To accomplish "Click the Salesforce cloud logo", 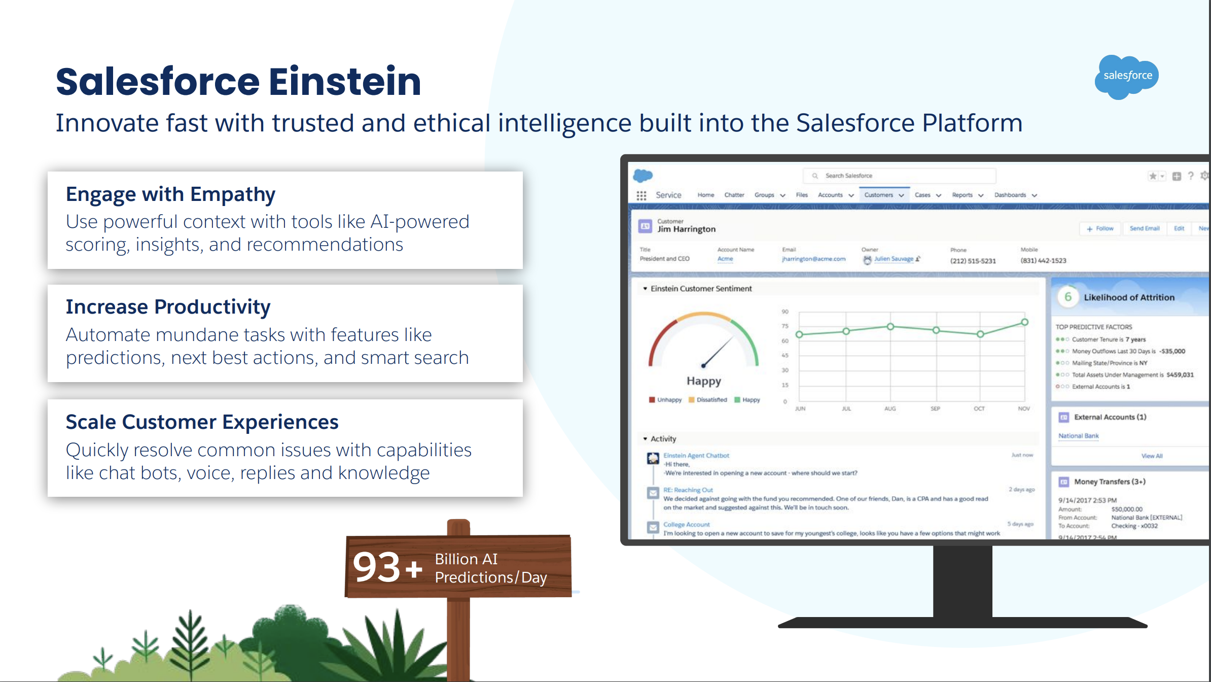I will point(1127,76).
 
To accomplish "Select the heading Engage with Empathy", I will point(170,194).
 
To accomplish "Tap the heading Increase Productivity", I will point(168,307).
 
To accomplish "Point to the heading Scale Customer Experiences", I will point(202,422).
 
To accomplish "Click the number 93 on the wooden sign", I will point(376,567).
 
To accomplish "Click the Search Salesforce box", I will point(899,176).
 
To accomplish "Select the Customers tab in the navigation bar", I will point(878,195).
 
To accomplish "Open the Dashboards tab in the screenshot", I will point(1010,195).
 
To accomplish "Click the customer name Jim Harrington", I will point(686,229).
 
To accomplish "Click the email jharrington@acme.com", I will point(813,259).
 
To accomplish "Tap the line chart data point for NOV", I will point(1024,322).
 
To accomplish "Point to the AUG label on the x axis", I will point(890,408).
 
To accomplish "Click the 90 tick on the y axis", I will point(785,312).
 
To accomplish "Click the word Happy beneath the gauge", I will point(703,381).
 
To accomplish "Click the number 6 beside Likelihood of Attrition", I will point(1067,297).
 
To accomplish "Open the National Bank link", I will point(1078,436).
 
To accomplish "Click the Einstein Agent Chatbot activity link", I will point(696,456).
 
